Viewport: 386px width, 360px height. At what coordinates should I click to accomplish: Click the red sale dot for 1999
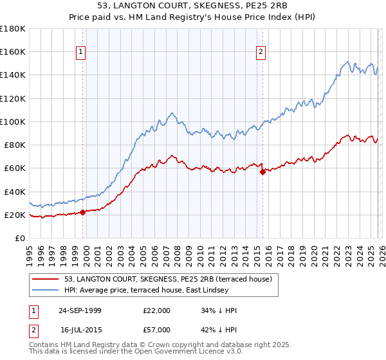tap(83, 212)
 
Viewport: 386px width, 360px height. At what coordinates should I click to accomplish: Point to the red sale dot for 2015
tap(262, 172)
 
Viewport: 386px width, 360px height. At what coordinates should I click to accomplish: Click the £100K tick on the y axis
tap(13, 122)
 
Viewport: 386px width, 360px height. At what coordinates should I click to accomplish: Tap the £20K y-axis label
tap(14, 215)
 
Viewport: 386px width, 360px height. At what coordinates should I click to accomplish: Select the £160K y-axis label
tap(13, 51)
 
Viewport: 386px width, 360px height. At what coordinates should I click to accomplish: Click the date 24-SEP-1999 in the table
tap(80, 310)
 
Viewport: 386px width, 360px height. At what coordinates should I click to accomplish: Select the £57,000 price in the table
tap(157, 330)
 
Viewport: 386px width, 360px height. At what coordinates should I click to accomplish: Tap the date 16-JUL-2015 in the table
tap(80, 330)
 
